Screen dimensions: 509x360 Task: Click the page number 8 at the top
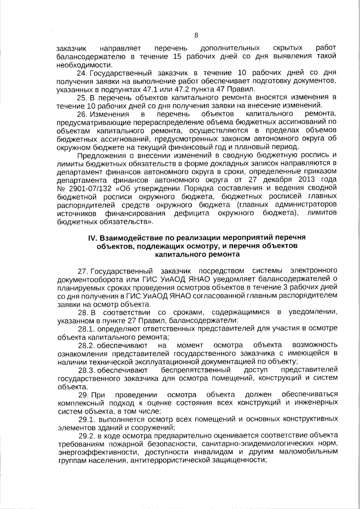(196, 35)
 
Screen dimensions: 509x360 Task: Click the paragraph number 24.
(82, 73)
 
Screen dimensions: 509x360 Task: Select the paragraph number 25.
(82, 97)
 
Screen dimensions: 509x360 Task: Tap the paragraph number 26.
(82, 114)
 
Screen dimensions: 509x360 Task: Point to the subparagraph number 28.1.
(86, 328)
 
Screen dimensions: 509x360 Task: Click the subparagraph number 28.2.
(86, 345)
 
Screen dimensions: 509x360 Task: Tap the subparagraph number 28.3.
(86, 370)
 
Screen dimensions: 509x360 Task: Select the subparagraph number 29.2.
(86, 435)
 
